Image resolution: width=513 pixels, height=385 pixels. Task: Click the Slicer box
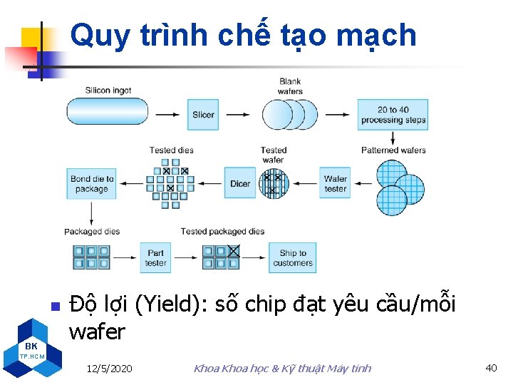[x=203, y=114]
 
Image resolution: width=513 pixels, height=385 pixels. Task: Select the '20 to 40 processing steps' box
[x=393, y=114]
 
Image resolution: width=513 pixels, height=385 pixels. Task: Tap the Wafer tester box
[x=335, y=183]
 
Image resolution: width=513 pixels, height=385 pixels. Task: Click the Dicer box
[x=240, y=183]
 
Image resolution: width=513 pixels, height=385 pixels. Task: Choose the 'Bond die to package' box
[x=91, y=184]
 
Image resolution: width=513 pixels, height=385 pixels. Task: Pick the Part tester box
[x=155, y=257]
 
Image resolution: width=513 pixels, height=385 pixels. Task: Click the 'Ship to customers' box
[x=292, y=257]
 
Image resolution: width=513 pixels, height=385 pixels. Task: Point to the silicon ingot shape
[x=108, y=112]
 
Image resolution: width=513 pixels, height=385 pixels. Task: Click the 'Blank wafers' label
[x=290, y=86]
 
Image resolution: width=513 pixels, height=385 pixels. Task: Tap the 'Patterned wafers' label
[x=393, y=150]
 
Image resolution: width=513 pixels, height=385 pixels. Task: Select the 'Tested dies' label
[x=171, y=150]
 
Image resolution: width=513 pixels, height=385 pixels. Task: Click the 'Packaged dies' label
[x=92, y=232]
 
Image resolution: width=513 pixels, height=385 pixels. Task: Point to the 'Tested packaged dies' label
[x=222, y=232]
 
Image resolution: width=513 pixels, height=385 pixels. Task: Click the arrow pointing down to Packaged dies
[x=91, y=212]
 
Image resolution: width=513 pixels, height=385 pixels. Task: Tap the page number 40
[x=491, y=368]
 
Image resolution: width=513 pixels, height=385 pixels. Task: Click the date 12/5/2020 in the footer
[x=109, y=369]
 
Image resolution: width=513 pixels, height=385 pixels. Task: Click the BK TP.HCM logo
[x=32, y=346]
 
